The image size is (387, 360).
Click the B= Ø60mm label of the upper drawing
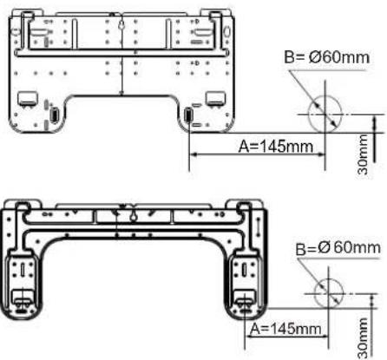[326, 57]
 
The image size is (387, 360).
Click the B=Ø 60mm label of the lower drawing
[338, 248]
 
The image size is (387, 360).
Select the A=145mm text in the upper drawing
[276, 147]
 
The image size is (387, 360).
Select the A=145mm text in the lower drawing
[285, 329]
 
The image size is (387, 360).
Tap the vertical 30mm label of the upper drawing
[363, 154]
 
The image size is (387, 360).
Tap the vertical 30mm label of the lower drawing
[363, 338]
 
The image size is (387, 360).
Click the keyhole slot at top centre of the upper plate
[121, 25]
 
